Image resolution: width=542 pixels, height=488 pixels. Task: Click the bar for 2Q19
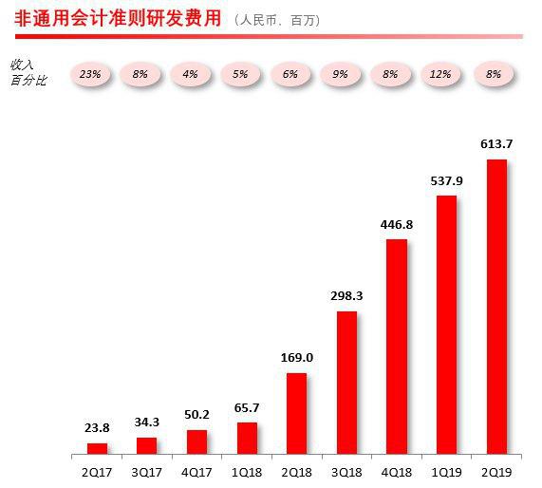(495, 307)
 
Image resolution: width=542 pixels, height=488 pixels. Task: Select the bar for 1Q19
(446, 325)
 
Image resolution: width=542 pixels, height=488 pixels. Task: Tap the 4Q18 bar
(397, 347)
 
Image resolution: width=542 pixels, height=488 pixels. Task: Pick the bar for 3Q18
(346, 383)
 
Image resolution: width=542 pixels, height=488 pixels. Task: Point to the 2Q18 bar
(296, 413)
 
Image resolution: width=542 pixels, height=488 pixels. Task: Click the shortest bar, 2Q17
(97, 448)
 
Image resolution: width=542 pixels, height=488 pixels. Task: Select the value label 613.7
(495, 143)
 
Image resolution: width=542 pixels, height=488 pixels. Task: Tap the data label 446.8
(397, 224)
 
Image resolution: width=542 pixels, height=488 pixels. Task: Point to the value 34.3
(147, 422)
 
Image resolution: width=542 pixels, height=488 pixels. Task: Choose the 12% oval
(442, 72)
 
